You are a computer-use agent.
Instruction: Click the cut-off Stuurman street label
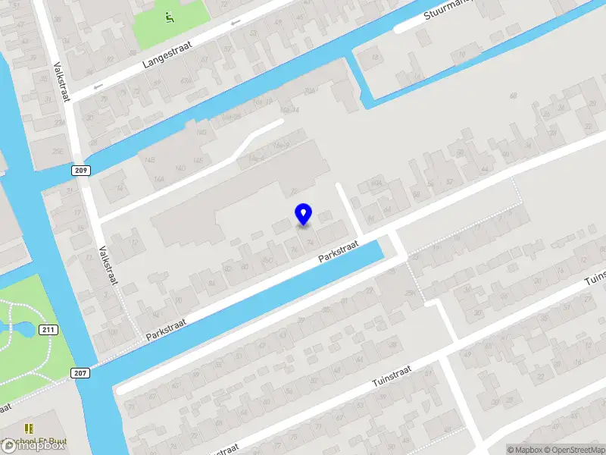click(x=446, y=11)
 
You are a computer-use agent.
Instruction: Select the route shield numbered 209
click(x=82, y=171)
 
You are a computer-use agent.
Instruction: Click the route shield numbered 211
click(x=48, y=329)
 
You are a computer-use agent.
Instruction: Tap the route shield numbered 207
click(x=80, y=372)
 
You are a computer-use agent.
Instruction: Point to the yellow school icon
click(x=30, y=429)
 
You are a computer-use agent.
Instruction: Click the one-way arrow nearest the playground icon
click(x=235, y=24)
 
